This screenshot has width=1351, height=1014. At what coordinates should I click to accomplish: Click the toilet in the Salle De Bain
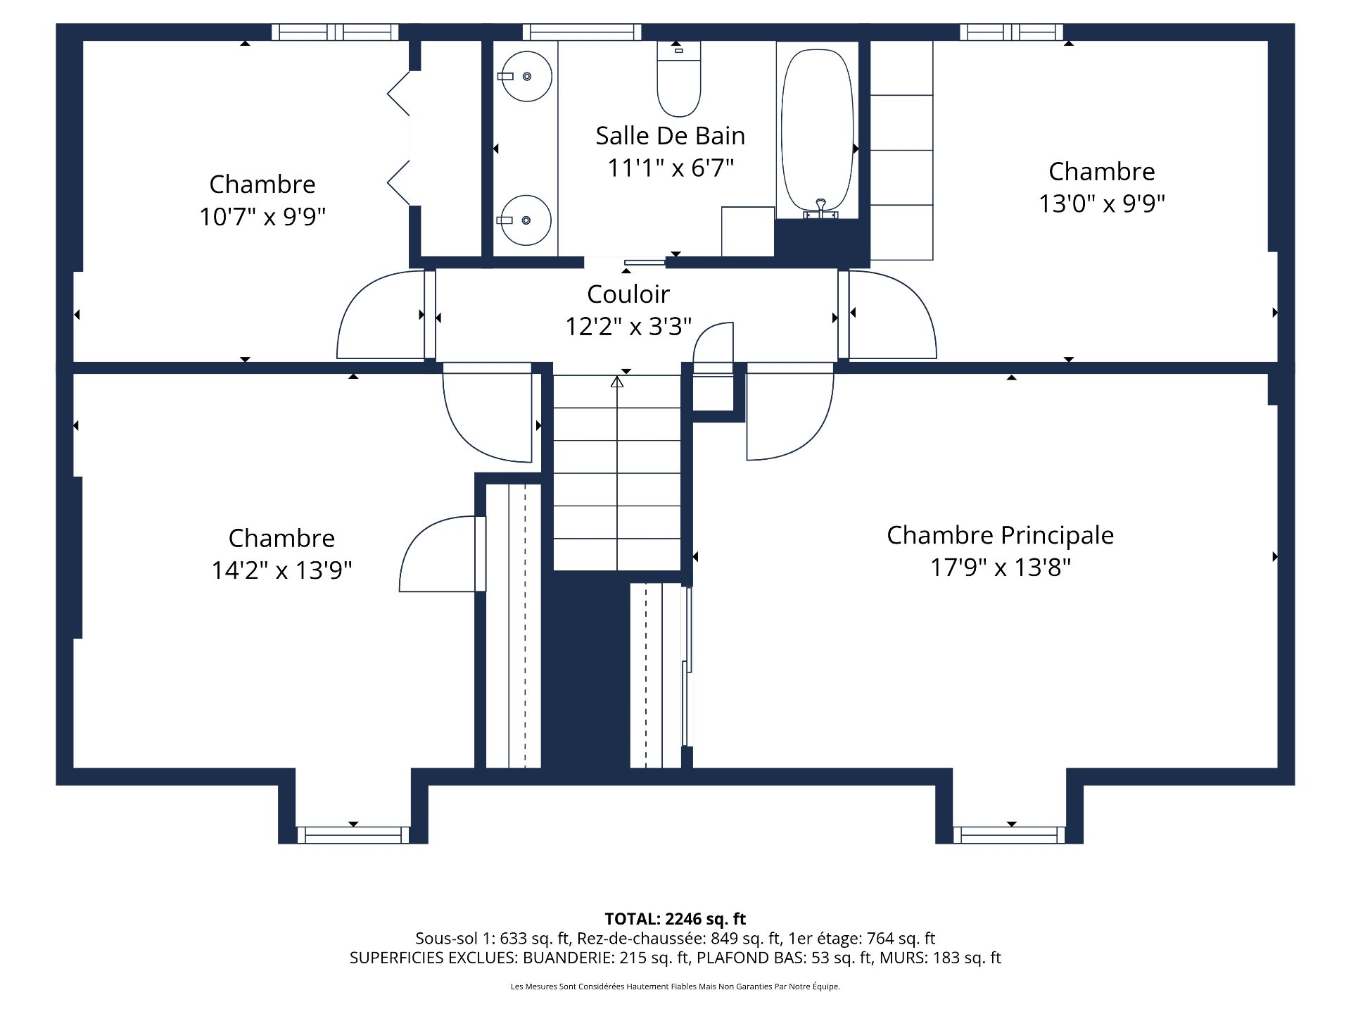point(678,81)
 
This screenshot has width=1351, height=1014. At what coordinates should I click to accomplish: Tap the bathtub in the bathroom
point(817,130)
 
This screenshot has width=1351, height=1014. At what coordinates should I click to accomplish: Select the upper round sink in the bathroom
point(526,76)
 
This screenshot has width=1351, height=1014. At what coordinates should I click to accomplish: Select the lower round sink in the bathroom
point(526,220)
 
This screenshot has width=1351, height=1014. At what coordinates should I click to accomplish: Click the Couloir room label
point(628,294)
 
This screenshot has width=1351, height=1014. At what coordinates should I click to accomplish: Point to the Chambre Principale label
point(999,535)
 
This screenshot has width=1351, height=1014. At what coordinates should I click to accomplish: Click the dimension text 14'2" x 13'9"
point(281,570)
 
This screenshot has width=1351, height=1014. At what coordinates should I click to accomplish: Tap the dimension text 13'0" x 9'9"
point(1101,204)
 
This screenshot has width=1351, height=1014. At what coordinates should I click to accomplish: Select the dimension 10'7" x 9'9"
point(262,216)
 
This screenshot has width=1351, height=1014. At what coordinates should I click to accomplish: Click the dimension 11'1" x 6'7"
point(670,168)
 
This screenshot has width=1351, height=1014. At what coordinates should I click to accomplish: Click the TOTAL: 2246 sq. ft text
point(675,919)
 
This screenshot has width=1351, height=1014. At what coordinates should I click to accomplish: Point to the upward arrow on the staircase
point(617,382)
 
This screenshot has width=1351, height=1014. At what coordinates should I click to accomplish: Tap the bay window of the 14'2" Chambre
point(353,835)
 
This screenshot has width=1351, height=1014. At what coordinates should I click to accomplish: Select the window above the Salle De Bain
point(582,32)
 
